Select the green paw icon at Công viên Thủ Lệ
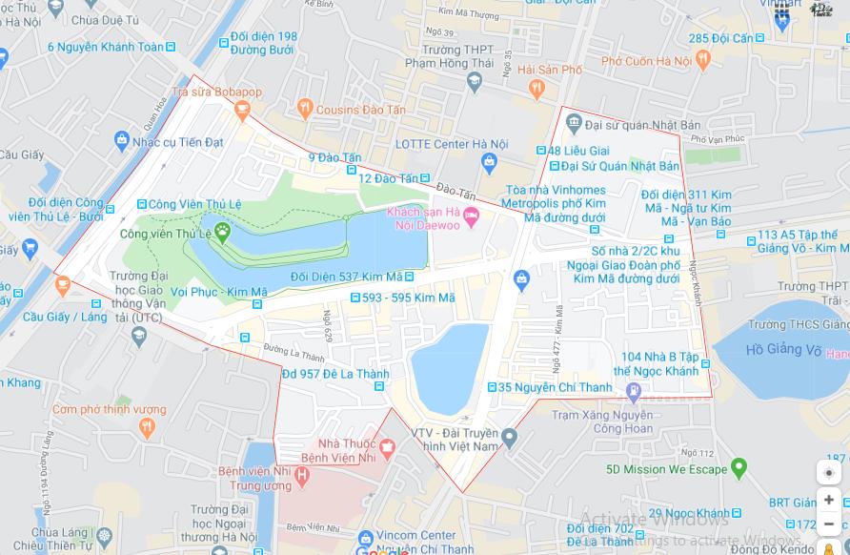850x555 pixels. pos(222,230)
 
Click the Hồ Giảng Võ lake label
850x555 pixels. pos(783,350)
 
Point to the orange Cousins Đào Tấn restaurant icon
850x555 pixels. pos(304,109)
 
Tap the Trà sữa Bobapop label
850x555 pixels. pos(216,92)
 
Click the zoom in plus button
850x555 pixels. pos(828,500)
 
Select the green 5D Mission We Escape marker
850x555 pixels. pos(738,468)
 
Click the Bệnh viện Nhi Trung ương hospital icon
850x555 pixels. pos(302,474)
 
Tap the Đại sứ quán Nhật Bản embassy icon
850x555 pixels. pos(573,123)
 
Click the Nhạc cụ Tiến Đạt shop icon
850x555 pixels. pos(121,142)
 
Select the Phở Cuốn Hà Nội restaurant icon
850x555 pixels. pos(703,61)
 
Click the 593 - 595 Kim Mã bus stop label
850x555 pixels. pos(407,298)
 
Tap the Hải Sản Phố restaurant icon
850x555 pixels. pos(536,89)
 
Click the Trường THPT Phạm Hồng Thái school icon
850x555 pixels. pos(475,83)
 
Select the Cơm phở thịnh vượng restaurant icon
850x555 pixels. pos(146,428)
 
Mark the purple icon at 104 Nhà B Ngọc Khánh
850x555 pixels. pos(634,391)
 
